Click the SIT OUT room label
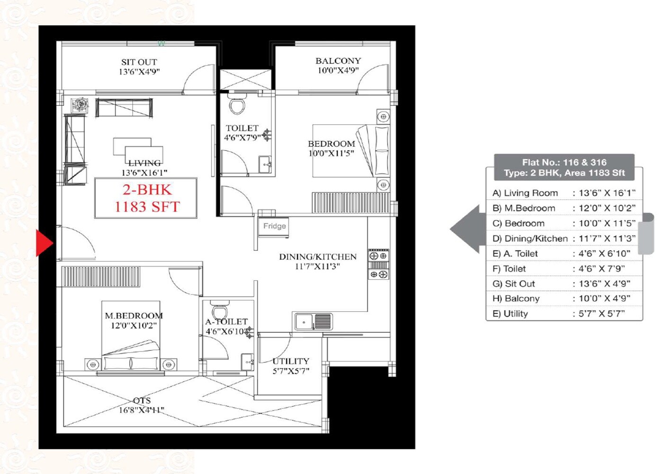139,62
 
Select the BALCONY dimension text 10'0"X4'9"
338,71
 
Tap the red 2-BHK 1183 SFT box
146,198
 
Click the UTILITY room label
291,361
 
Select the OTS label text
142,401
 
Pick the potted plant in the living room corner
79,105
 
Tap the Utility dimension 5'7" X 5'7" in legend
601,314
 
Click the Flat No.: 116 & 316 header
564,162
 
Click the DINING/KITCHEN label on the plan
317,257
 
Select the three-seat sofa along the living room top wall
124,108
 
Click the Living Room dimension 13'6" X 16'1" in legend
607,193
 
